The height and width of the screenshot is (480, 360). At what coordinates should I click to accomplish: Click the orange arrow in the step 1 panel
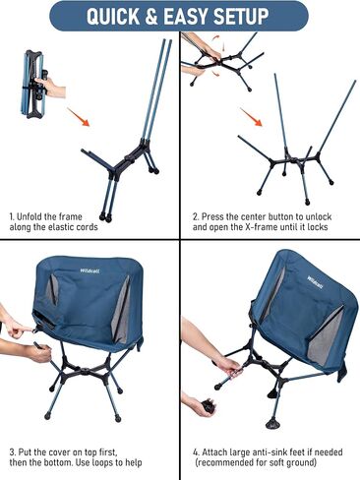pos(78,117)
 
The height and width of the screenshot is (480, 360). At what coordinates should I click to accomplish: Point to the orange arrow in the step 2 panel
pos(251,117)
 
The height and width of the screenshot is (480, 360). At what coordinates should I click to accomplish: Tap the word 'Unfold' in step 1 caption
pos(29,216)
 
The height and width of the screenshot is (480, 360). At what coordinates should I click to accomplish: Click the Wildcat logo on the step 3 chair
pos(90,270)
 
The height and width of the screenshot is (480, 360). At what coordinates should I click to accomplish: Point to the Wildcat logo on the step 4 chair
pos(315,282)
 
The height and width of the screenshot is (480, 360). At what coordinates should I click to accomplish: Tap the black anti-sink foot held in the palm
pos(209,406)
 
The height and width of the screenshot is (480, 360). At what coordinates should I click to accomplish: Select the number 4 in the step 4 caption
pos(196,452)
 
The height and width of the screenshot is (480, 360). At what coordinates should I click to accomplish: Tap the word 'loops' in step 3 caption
pos(107,463)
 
